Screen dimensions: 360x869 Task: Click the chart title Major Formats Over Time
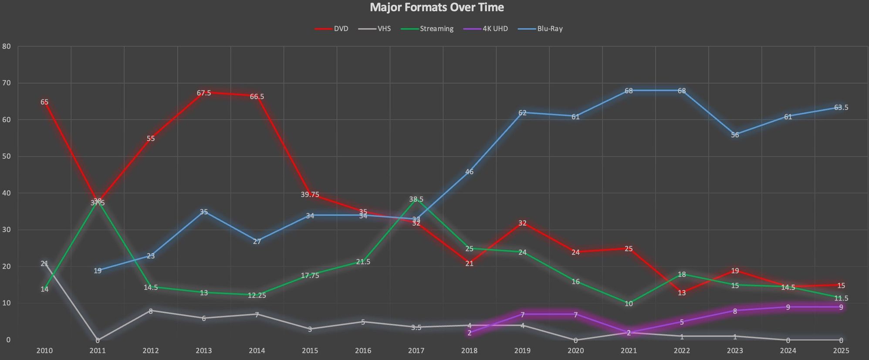(x=436, y=7)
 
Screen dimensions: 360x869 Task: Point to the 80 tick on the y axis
(x=6, y=46)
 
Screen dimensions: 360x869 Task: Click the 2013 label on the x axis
(x=204, y=350)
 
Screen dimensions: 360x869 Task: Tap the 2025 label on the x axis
(x=841, y=350)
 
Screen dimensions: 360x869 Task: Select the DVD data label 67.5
(x=204, y=93)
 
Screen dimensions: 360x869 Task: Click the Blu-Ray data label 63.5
(x=841, y=107)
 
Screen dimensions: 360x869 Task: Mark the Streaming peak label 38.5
(x=416, y=199)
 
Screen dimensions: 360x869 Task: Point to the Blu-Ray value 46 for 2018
(x=469, y=172)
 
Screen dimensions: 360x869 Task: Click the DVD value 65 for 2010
(x=44, y=102)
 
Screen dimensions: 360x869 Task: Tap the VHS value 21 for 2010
(x=44, y=263)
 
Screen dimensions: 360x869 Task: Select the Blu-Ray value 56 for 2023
(x=735, y=135)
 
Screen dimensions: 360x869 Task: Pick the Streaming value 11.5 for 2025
(x=841, y=299)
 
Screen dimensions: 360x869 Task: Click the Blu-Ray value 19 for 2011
(x=98, y=271)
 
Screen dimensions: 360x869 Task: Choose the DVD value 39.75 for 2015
(x=310, y=194)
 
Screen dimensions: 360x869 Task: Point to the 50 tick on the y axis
(x=6, y=156)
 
